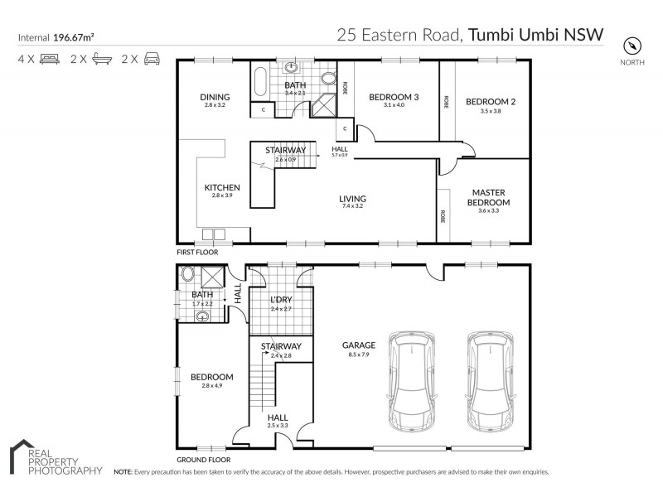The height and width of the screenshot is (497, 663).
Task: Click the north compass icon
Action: [633, 45]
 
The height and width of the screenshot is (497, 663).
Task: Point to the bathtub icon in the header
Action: [102, 59]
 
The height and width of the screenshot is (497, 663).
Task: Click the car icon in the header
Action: [152, 59]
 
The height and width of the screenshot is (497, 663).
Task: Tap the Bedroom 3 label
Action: [394, 97]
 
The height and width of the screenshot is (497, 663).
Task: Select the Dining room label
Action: [215, 97]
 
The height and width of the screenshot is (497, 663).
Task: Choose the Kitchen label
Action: [222, 187]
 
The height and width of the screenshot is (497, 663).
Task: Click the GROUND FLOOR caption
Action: [203, 459]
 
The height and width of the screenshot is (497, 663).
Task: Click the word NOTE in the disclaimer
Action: [123, 472]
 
